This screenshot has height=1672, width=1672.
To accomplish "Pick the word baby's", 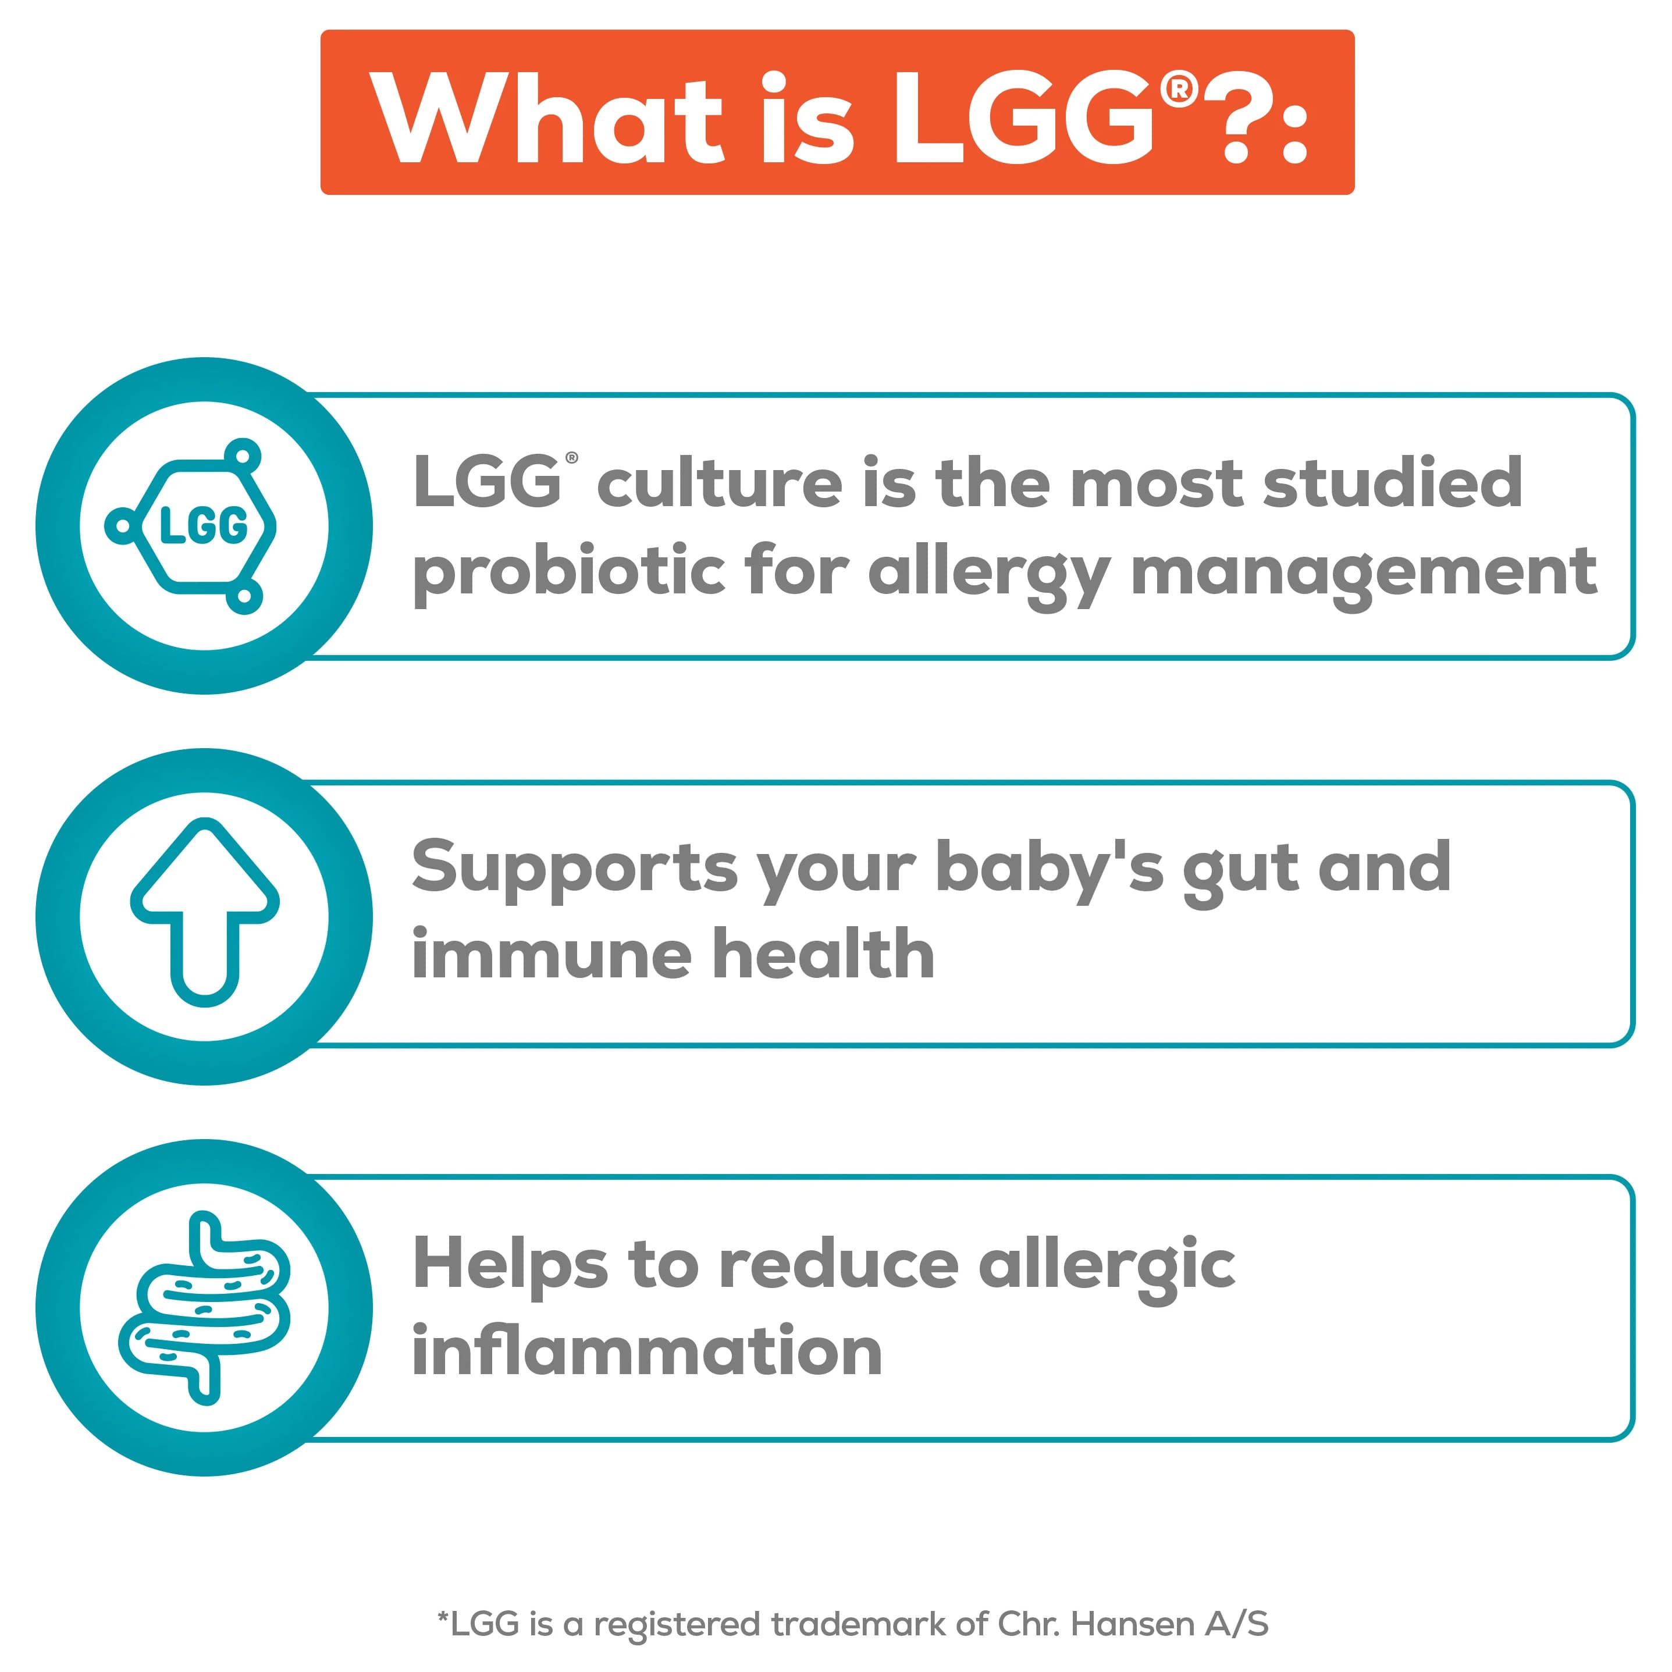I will coord(1050,868).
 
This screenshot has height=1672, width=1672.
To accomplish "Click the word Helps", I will coord(511,1264).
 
